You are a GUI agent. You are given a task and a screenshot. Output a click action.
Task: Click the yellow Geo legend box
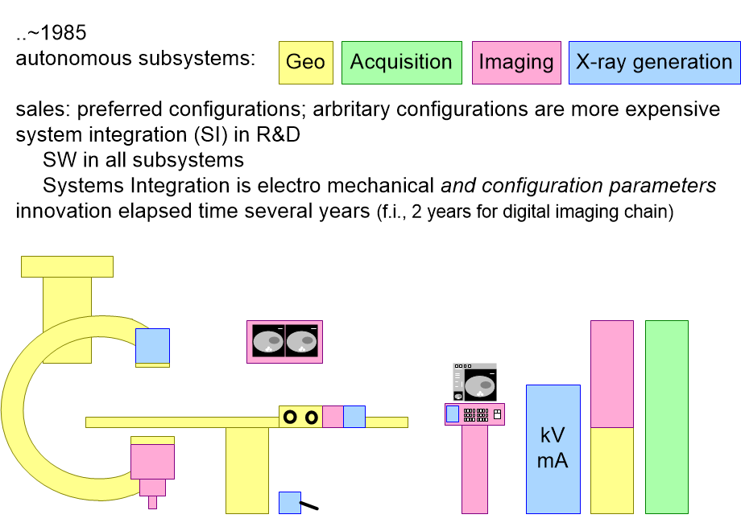point(305,63)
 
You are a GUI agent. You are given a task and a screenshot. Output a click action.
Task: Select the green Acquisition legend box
point(401,63)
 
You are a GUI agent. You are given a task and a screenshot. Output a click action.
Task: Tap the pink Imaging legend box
point(515,63)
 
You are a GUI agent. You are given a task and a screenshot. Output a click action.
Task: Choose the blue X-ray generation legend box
point(653,63)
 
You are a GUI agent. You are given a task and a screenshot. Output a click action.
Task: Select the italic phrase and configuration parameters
point(578,186)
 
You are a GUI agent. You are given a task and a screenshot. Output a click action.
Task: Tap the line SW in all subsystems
point(143,160)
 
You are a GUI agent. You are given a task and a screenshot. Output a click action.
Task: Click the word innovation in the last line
point(62,212)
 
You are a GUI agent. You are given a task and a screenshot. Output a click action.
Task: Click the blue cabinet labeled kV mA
point(553,449)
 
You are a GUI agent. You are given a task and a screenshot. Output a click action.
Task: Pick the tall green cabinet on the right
point(666,417)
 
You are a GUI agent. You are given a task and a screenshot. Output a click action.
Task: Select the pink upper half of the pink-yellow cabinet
point(611,374)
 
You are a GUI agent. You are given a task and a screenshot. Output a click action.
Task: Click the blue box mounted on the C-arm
point(152,346)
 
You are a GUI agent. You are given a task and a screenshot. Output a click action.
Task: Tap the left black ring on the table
point(291,417)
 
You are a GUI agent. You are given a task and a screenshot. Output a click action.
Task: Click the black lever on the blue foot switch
point(309,506)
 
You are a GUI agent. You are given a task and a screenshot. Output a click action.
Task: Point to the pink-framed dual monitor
point(284,342)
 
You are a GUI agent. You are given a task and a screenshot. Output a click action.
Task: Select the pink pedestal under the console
point(474,469)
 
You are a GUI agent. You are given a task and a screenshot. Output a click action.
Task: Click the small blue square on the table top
point(354,417)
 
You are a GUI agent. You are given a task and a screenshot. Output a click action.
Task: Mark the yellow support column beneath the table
point(246,470)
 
